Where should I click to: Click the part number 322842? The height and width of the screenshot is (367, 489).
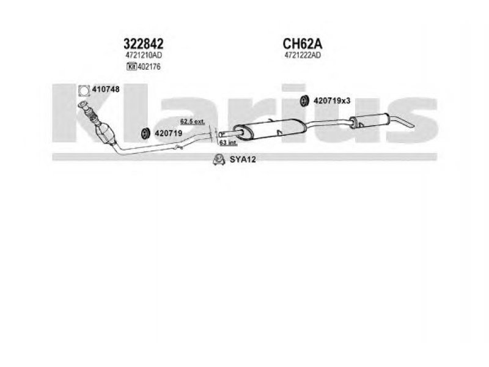pyautogui.click(x=144, y=43)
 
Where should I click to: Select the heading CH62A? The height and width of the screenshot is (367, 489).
pyautogui.click(x=302, y=43)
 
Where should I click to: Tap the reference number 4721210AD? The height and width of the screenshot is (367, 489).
pyautogui.click(x=144, y=55)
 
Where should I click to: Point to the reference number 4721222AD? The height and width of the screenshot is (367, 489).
pyautogui.click(x=303, y=55)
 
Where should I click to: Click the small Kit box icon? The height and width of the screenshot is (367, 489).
pyautogui.click(x=131, y=67)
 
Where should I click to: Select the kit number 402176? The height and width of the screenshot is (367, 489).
pyautogui.click(x=149, y=67)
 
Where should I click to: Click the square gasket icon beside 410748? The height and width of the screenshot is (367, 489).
pyautogui.click(x=84, y=90)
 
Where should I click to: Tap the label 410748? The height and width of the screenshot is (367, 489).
pyautogui.click(x=106, y=89)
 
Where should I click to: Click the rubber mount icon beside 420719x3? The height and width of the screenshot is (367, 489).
pyautogui.click(x=304, y=100)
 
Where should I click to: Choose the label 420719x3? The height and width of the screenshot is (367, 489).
pyautogui.click(x=332, y=101)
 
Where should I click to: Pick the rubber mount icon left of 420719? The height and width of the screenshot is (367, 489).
pyautogui.click(x=145, y=133)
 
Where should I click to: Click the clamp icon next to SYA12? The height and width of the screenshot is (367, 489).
pyautogui.click(x=219, y=160)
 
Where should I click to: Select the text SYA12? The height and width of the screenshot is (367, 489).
pyautogui.click(x=243, y=160)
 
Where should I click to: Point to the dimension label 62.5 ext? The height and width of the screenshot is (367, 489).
pyautogui.click(x=193, y=121)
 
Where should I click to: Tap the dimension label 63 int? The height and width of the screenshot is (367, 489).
pyautogui.click(x=228, y=143)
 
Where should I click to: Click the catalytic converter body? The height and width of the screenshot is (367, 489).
pyautogui.click(x=105, y=133)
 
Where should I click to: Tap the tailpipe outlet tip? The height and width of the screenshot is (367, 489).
pyautogui.click(x=413, y=126)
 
